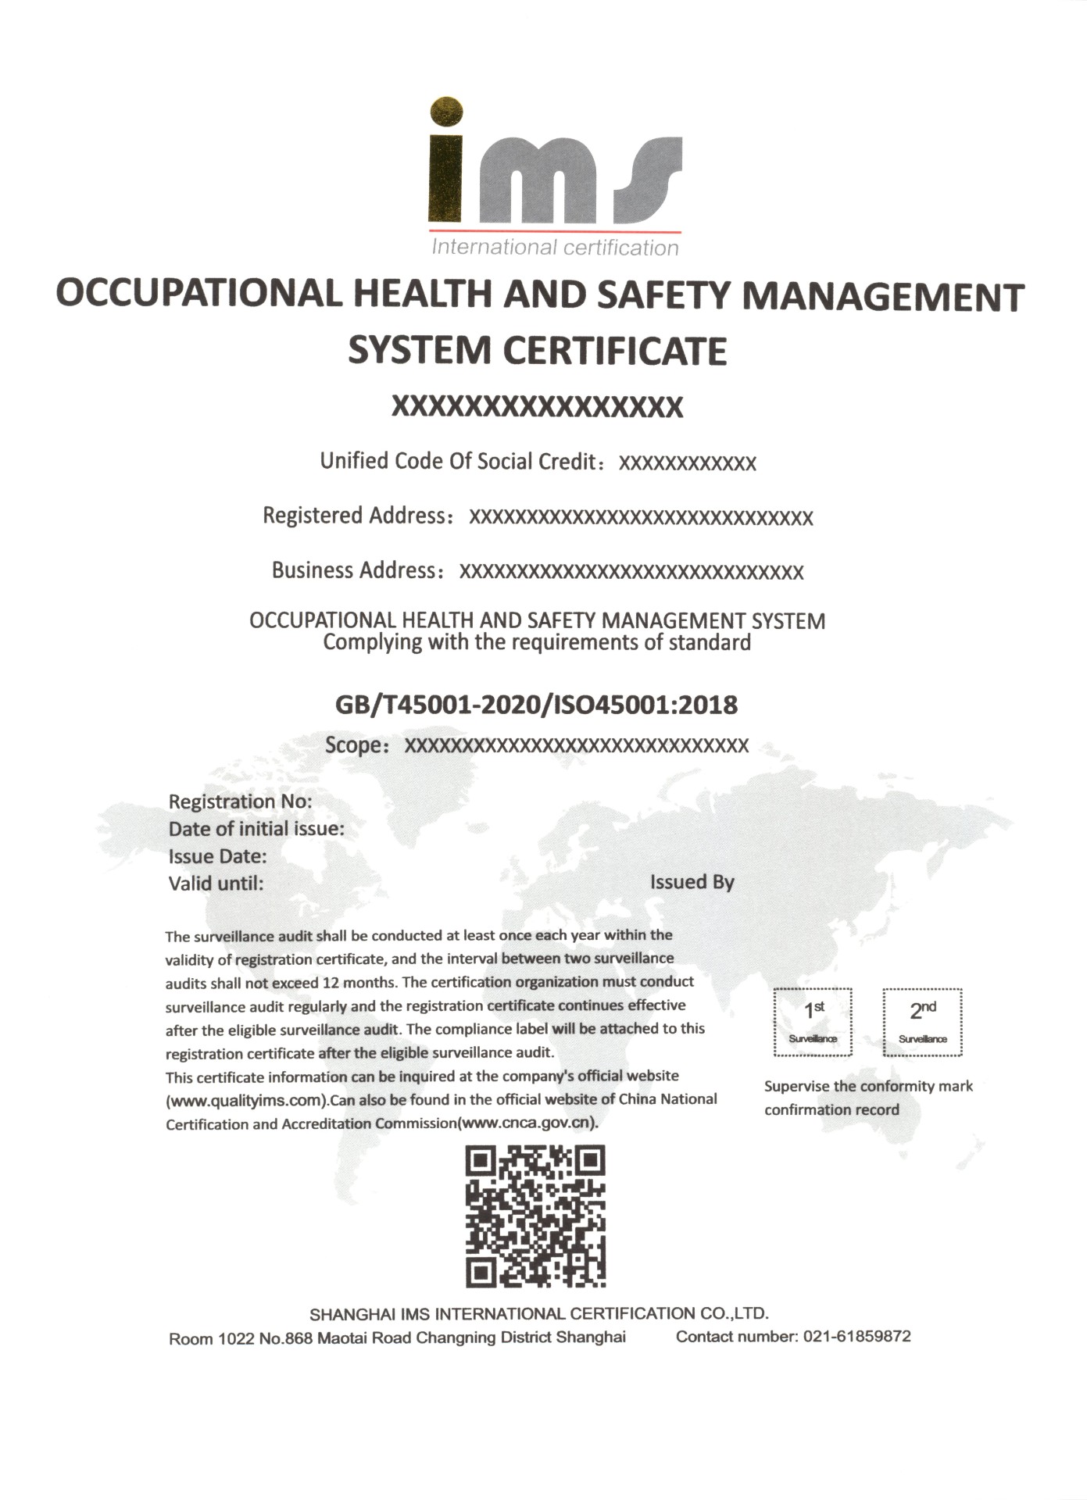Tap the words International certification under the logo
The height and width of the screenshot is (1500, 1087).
click(555, 248)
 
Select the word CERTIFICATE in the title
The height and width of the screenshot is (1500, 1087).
click(614, 351)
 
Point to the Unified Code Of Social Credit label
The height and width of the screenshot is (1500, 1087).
click(459, 461)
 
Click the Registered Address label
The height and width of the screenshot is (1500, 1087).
click(354, 516)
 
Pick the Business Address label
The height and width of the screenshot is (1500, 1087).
click(353, 570)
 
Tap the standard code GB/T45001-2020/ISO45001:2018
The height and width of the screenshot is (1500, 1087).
click(536, 705)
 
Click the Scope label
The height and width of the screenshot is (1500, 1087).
click(354, 745)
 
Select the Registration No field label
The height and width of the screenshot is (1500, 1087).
click(240, 802)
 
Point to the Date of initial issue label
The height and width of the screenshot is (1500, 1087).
click(256, 829)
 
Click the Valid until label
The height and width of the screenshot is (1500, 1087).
click(216, 884)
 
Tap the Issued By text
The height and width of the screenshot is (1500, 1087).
click(692, 882)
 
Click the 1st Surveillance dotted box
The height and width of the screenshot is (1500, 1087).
click(813, 1022)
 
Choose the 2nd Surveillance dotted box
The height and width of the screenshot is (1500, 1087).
click(922, 1022)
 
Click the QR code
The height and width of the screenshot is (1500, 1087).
click(536, 1216)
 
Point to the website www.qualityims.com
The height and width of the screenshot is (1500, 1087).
click(246, 1101)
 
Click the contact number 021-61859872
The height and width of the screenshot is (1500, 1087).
click(856, 1336)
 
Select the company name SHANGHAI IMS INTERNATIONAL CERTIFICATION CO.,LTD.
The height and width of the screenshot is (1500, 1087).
click(539, 1313)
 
